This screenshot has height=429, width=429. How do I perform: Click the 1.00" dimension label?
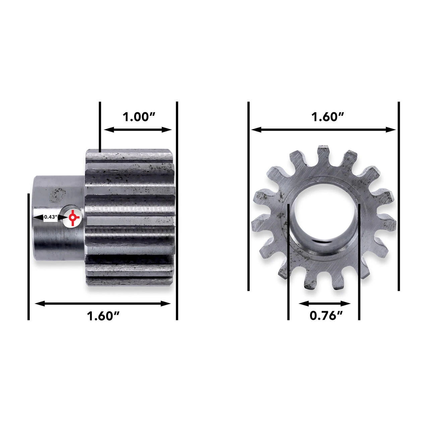[139, 117]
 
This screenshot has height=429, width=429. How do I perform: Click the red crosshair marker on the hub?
[73, 218]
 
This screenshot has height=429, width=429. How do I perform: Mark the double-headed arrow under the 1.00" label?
[138, 130]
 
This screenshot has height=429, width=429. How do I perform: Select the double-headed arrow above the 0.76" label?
[324, 304]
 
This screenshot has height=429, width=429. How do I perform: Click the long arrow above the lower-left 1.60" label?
[103, 304]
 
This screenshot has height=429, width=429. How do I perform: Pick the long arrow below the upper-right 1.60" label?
[324, 130]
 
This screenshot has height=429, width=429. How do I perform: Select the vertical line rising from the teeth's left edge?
[100, 127]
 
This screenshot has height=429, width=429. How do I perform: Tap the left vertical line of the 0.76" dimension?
[288, 261]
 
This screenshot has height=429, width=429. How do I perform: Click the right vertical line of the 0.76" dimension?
[359, 261]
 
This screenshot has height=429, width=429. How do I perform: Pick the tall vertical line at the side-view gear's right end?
[177, 211]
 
